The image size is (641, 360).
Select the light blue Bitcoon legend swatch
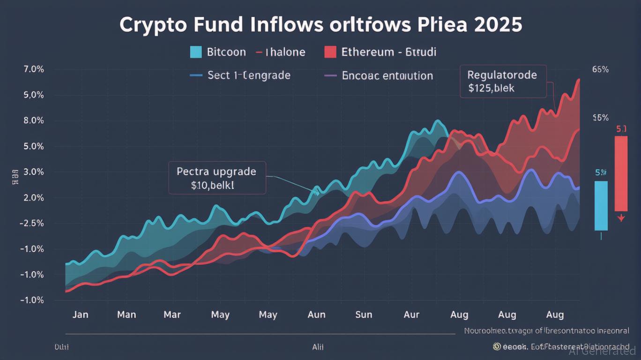[196, 52]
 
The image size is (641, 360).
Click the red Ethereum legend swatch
[330, 52]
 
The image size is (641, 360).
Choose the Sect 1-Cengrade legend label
[249, 75]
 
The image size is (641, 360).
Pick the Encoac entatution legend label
[387, 75]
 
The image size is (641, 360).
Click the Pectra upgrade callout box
[217, 178]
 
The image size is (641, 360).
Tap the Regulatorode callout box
[503, 81]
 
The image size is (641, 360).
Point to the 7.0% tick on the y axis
[33, 69]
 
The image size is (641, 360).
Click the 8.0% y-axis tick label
[33, 120]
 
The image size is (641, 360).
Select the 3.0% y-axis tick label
[33, 172]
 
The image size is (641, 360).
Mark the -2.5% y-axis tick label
[32, 223]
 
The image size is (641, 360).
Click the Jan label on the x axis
[80, 315]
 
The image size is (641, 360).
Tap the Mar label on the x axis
[172, 315]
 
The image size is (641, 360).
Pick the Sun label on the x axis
[364, 315]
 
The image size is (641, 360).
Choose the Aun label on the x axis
[316, 315]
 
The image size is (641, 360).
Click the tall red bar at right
[621, 173]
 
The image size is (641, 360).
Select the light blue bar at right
[601, 205]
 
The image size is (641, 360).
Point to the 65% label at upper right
[600, 69]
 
